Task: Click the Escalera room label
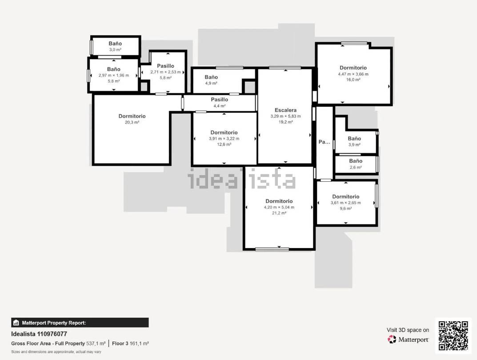tap(285, 110)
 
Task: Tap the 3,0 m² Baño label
tap(115, 44)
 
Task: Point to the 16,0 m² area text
tap(353, 80)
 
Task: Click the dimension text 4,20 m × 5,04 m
tap(279, 208)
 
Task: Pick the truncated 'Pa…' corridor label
tap(324, 142)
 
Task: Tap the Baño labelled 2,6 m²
tap(356, 161)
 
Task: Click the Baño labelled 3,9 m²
tap(354, 138)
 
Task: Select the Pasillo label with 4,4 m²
tap(219, 100)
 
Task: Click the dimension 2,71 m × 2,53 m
tap(165, 72)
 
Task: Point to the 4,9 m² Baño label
tap(211, 77)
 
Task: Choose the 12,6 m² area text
tap(224, 144)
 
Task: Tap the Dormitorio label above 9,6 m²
tap(345, 197)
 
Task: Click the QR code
tap(453, 336)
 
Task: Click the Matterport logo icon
tap(392, 339)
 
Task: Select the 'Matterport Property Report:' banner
tap(80, 323)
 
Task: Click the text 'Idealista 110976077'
tap(39, 334)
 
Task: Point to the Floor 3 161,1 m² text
tap(130, 344)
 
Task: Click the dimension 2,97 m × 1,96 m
tap(113, 76)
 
